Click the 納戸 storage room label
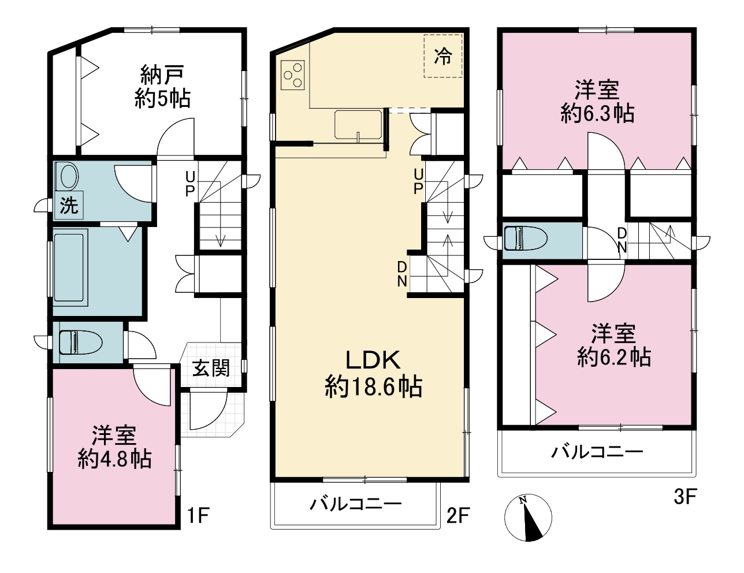[x=162, y=75]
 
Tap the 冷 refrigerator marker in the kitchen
[x=443, y=56]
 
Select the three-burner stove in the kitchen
[x=292, y=75]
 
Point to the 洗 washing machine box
[x=69, y=205]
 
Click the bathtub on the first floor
[x=71, y=267]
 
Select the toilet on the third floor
[x=526, y=238]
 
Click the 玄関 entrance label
[x=211, y=368]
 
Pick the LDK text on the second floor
[x=373, y=360]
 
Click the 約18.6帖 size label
[x=373, y=387]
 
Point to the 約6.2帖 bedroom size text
[x=614, y=357]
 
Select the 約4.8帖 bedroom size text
[x=115, y=459]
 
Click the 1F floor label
[x=199, y=515]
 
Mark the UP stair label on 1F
[x=190, y=184]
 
